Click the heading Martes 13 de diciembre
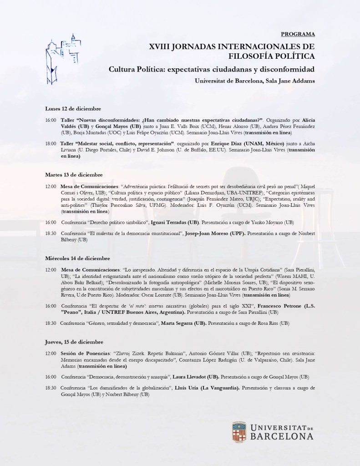point(74,174)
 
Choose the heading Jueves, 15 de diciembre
point(74,342)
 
